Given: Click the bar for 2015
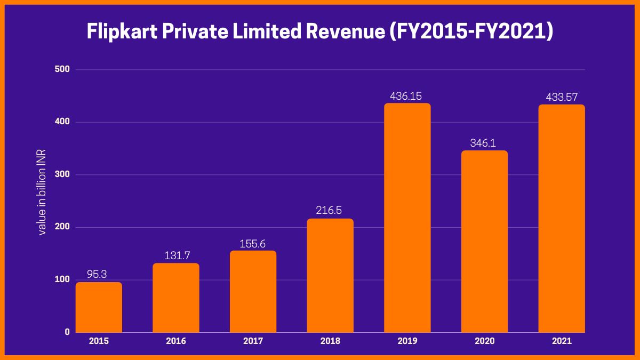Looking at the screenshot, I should pyautogui.click(x=99, y=307).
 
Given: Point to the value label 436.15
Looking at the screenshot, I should pyautogui.click(x=407, y=97).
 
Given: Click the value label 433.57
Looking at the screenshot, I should pyautogui.click(x=562, y=98).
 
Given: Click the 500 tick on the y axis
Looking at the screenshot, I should pyautogui.click(x=63, y=69).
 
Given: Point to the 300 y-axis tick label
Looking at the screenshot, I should pyautogui.click(x=63, y=174).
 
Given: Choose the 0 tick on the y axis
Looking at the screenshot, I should pyautogui.click(x=67, y=332).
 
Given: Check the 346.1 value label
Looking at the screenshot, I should pyautogui.click(x=484, y=143).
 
